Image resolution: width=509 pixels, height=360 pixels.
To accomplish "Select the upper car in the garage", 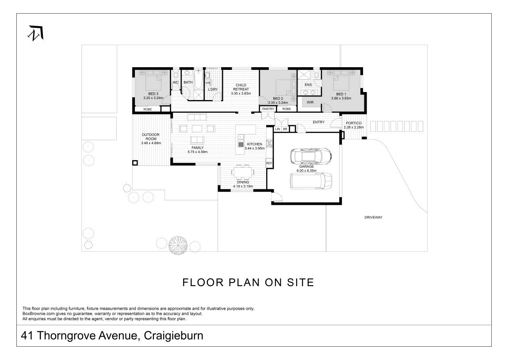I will pyautogui.click(x=310, y=156).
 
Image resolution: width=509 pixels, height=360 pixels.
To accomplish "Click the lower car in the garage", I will pyautogui.click(x=311, y=180).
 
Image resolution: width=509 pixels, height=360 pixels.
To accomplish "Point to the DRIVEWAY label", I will pyautogui.click(x=373, y=218).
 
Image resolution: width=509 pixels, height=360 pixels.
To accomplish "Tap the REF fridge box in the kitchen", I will pyautogui.click(x=268, y=163).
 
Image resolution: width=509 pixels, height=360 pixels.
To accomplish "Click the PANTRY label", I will pyautogui.click(x=268, y=109).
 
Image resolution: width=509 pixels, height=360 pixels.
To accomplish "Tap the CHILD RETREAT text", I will pyautogui.click(x=241, y=87).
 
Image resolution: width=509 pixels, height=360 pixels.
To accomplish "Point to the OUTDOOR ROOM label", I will pyautogui.click(x=150, y=137).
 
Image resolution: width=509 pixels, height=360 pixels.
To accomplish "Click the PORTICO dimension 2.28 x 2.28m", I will pyautogui.click(x=353, y=127).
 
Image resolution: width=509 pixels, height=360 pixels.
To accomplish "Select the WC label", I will pyautogui.click(x=176, y=83).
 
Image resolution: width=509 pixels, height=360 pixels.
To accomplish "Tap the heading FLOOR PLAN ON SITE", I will pyautogui.click(x=248, y=283).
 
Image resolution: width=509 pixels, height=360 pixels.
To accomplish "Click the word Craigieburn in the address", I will pyautogui.click(x=173, y=336).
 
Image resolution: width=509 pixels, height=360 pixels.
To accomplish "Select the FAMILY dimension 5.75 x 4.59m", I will pyautogui.click(x=197, y=152).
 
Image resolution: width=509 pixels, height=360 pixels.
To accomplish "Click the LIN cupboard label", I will pyautogui.click(x=278, y=129).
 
